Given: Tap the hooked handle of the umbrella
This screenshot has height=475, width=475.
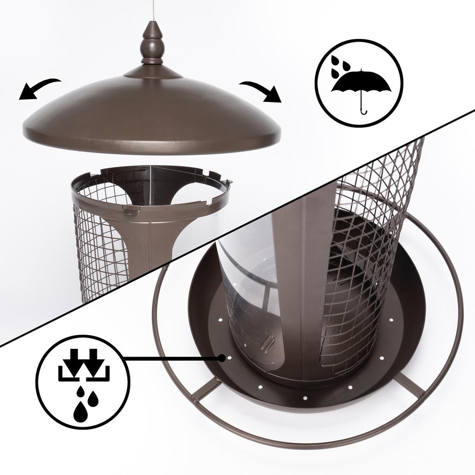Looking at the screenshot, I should coord(363,109).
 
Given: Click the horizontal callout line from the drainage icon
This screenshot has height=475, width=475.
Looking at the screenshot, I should coord(172,358).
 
